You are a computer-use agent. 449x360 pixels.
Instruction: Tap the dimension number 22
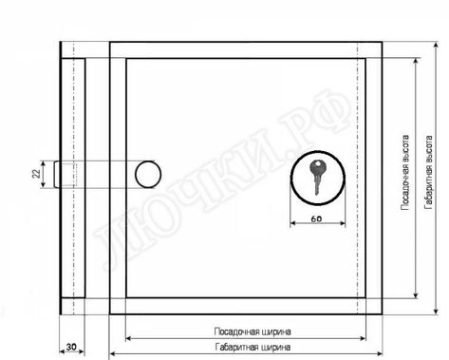[x=34, y=173]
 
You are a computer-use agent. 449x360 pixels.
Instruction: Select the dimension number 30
[x=71, y=349]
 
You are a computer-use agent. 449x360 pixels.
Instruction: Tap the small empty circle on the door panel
[x=148, y=174]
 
